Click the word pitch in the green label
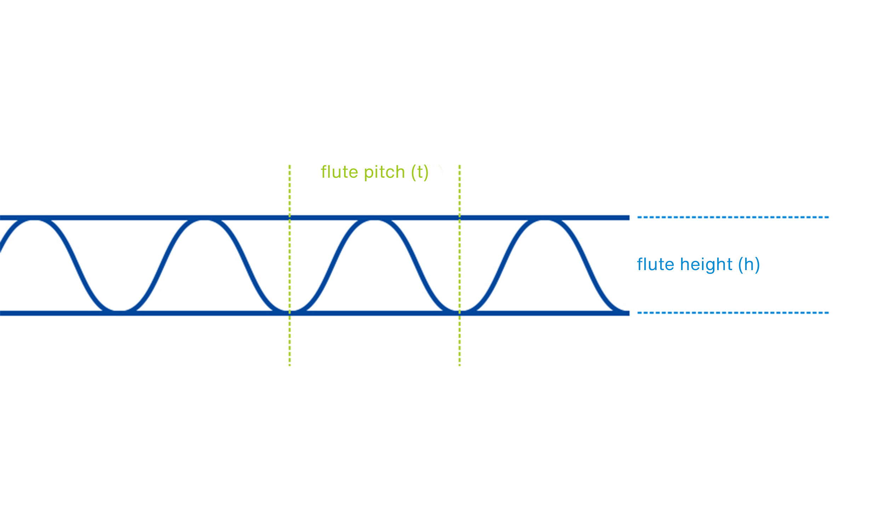coord(384,172)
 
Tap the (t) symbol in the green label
coord(419,172)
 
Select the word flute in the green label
coord(339,172)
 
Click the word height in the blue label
coord(706,264)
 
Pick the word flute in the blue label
coord(655,264)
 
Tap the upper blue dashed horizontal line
coord(733,217)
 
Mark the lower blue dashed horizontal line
coord(733,313)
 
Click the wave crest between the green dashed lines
coord(374,220)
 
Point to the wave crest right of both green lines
coord(544,220)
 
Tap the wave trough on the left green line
coord(290,311)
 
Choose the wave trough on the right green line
coord(460,311)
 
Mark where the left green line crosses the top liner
coord(290,218)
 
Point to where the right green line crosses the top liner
coord(460,218)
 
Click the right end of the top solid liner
coord(628,218)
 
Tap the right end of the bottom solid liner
coord(628,313)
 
